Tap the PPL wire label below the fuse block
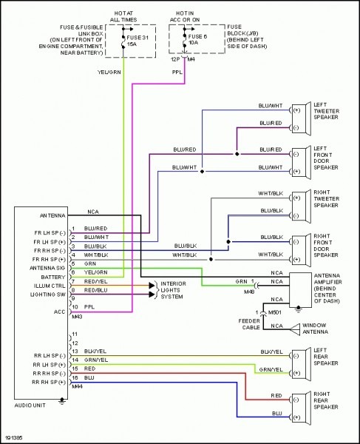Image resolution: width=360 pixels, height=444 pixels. tap(178, 73)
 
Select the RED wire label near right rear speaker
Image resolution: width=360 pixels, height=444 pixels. tap(276, 396)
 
